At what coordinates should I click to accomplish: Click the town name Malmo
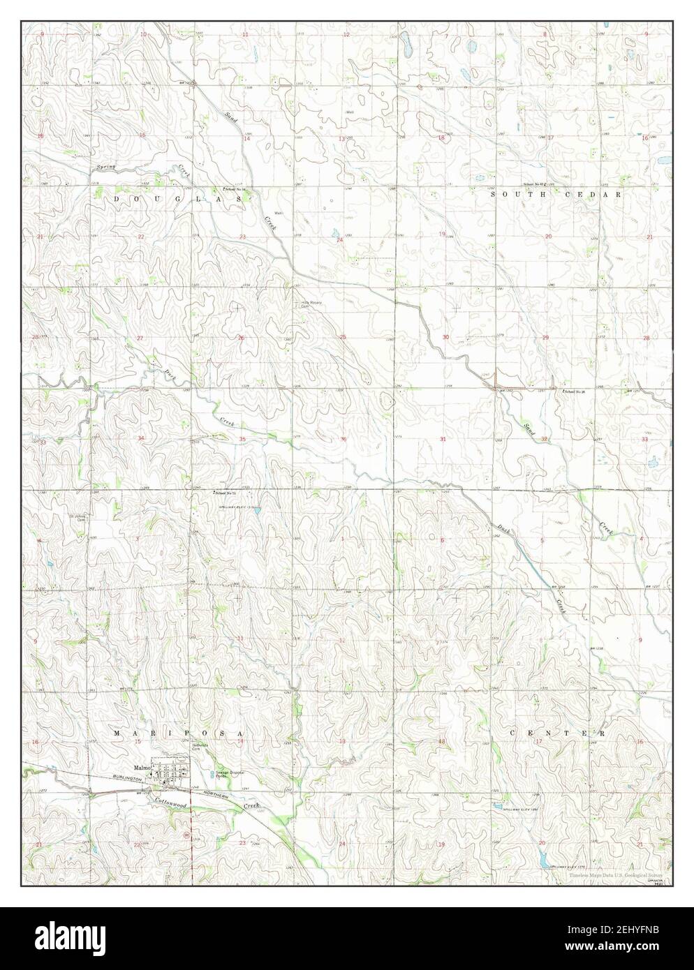pos(142,764)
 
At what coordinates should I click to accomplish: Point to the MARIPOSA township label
pos(177,734)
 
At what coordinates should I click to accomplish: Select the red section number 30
pos(445,338)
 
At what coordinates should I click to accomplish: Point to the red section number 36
pos(343,439)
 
